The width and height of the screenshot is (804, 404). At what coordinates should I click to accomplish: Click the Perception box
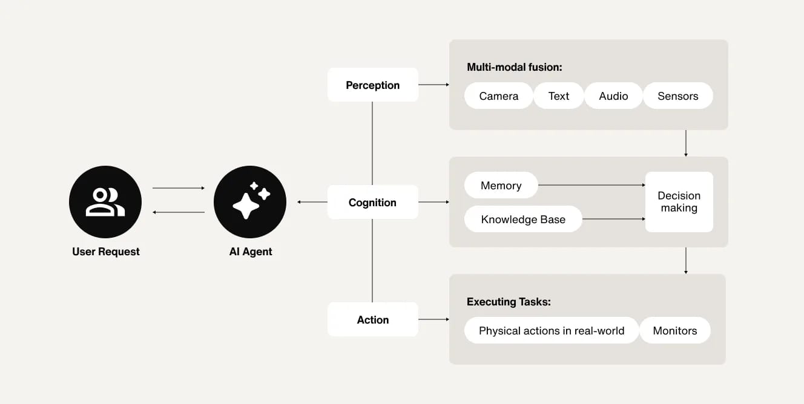[x=372, y=85]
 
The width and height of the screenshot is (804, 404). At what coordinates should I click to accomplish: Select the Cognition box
[x=372, y=202]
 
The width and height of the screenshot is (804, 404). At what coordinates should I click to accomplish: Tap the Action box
[x=372, y=319]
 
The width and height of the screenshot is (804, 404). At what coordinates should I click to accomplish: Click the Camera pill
[x=498, y=96]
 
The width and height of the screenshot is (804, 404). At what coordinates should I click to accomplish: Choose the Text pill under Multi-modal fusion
[x=558, y=96]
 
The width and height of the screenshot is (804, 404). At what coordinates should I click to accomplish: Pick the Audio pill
[x=613, y=96]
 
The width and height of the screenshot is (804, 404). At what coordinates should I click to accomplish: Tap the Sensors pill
[x=677, y=96]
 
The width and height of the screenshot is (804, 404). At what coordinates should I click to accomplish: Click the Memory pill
[x=501, y=185]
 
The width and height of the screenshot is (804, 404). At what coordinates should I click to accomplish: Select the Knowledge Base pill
[x=522, y=219]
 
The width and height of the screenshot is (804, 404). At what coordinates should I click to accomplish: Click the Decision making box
[x=679, y=202]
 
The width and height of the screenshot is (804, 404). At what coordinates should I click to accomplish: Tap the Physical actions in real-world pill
[x=551, y=330]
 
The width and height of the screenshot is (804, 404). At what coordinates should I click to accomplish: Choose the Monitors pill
[x=674, y=330]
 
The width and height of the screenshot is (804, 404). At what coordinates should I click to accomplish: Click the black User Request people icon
[x=105, y=202]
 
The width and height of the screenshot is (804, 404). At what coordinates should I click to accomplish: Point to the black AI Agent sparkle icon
[x=250, y=202]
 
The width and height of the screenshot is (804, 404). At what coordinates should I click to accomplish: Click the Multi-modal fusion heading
[x=514, y=67]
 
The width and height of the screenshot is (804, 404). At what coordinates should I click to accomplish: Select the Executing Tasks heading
[x=509, y=302]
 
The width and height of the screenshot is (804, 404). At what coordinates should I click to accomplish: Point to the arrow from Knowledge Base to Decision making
[x=613, y=219]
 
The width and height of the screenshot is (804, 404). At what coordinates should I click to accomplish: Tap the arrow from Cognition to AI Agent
[x=312, y=202]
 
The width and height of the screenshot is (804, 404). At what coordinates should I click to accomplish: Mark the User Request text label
[x=105, y=252]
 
